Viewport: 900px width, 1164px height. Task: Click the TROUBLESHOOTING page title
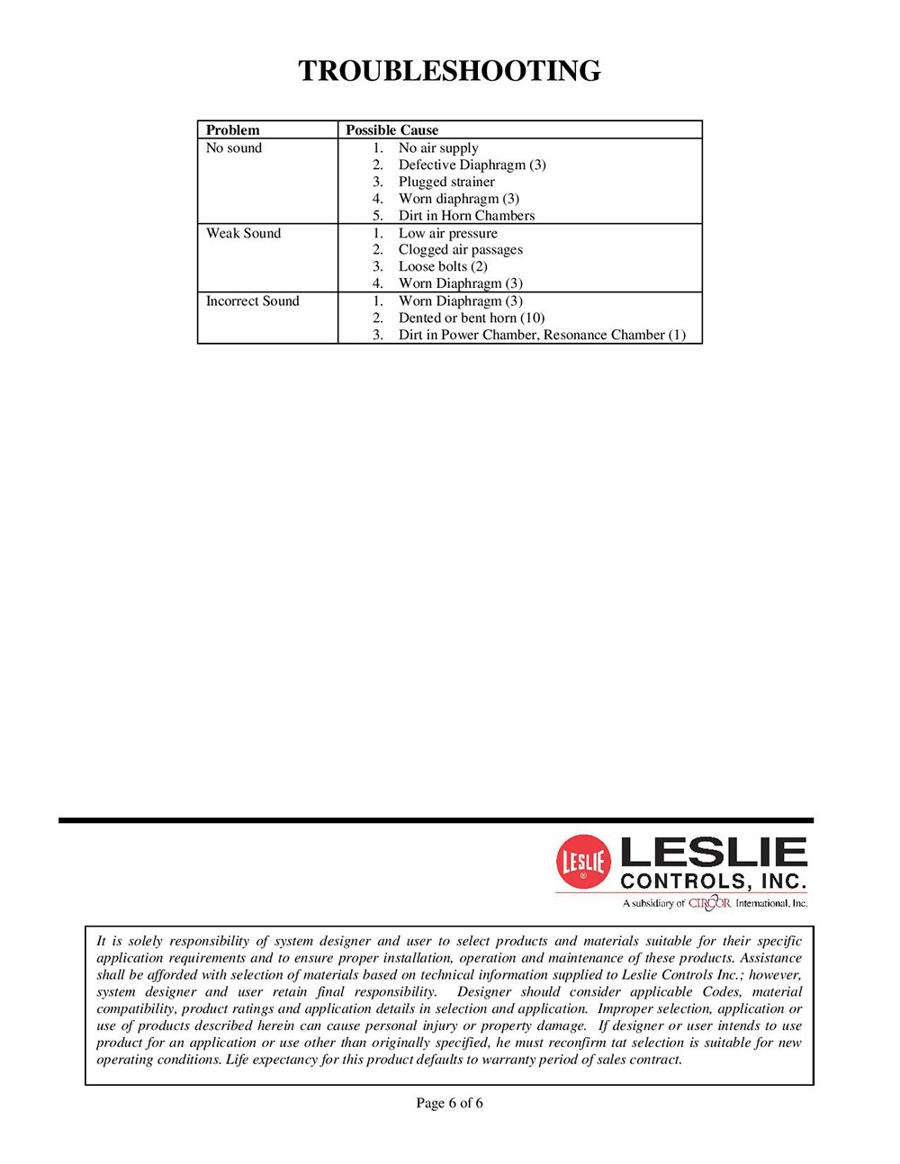click(449, 71)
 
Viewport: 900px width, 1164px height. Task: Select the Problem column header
click(232, 130)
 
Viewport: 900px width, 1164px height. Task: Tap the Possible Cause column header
click(391, 130)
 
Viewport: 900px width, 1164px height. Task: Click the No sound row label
click(234, 148)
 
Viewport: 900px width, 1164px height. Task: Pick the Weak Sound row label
click(243, 233)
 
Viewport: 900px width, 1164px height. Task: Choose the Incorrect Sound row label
click(252, 300)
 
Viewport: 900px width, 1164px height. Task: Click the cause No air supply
click(438, 148)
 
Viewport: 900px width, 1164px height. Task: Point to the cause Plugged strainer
click(446, 182)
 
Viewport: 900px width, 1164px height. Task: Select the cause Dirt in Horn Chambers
click(466, 216)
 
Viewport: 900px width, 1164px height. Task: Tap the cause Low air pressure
click(447, 233)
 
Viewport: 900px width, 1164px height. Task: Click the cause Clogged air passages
click(460, 249)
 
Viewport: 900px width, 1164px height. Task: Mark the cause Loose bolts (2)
click(443, 266)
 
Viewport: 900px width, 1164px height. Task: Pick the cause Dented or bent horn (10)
click(472, 318)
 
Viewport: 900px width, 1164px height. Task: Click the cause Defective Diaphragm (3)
click(472, 165)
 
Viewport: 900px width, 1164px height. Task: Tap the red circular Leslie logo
click(583, 862)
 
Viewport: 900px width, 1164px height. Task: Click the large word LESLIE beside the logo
click(714, 852)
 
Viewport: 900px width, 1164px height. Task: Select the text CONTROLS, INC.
click(714, 881)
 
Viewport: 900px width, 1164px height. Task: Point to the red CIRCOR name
click(710, 902)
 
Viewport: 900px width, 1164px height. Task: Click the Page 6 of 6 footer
click(449, 1103)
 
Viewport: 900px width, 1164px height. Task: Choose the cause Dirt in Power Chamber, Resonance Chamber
click(542, 335)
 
